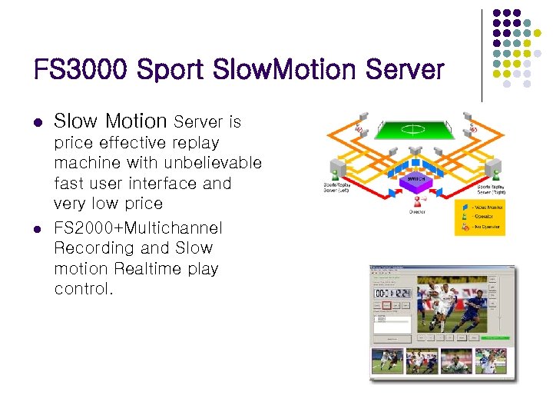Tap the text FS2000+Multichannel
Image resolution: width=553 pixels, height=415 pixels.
tap(138, 228)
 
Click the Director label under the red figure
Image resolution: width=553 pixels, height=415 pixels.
tap(416, 211)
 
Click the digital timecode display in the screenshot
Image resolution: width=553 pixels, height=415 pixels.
tap(391, 293)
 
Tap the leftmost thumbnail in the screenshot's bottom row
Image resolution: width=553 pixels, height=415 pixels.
tap(386, 361)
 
